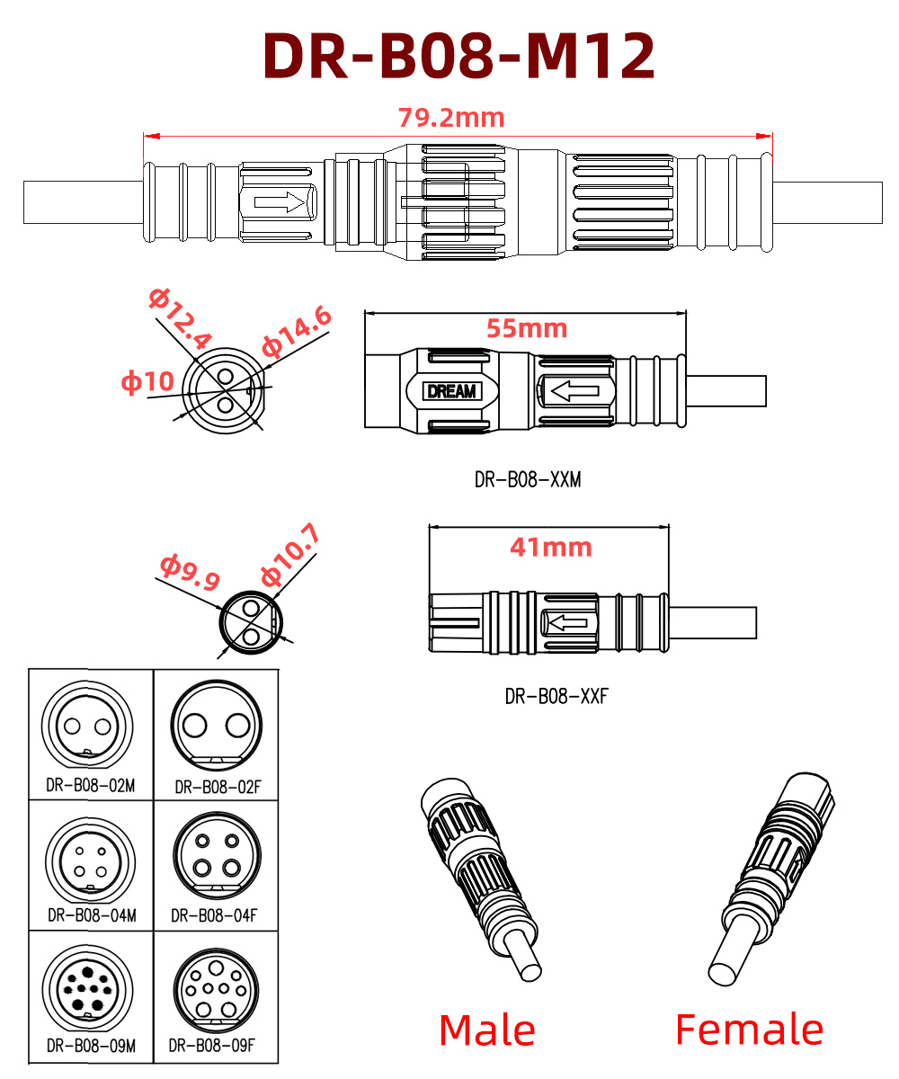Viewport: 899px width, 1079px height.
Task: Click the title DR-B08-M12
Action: point(458,56)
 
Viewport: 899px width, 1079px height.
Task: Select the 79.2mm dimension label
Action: point(451,118)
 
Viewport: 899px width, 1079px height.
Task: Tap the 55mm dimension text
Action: point(527,328)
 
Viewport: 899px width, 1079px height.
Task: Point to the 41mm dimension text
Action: point(550,547)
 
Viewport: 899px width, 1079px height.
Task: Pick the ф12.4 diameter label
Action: point(181,317)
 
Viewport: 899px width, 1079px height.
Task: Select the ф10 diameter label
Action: point(147,381)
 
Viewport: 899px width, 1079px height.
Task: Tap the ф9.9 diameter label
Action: point(190,572)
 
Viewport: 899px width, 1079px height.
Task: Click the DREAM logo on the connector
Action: point(453,391)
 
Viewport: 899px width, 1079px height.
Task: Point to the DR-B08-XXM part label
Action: point(528,480)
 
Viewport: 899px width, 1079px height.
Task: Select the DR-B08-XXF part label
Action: point(556,696)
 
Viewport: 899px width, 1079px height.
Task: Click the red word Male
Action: point(486,1030)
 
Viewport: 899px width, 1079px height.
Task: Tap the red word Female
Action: point(749,1030)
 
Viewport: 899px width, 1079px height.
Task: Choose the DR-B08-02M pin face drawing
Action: point(90,724)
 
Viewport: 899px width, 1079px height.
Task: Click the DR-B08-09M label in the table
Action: point(91,1046)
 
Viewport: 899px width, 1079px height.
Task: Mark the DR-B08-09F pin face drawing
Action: point(215,990)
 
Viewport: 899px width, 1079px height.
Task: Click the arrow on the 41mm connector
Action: point(567,622)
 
